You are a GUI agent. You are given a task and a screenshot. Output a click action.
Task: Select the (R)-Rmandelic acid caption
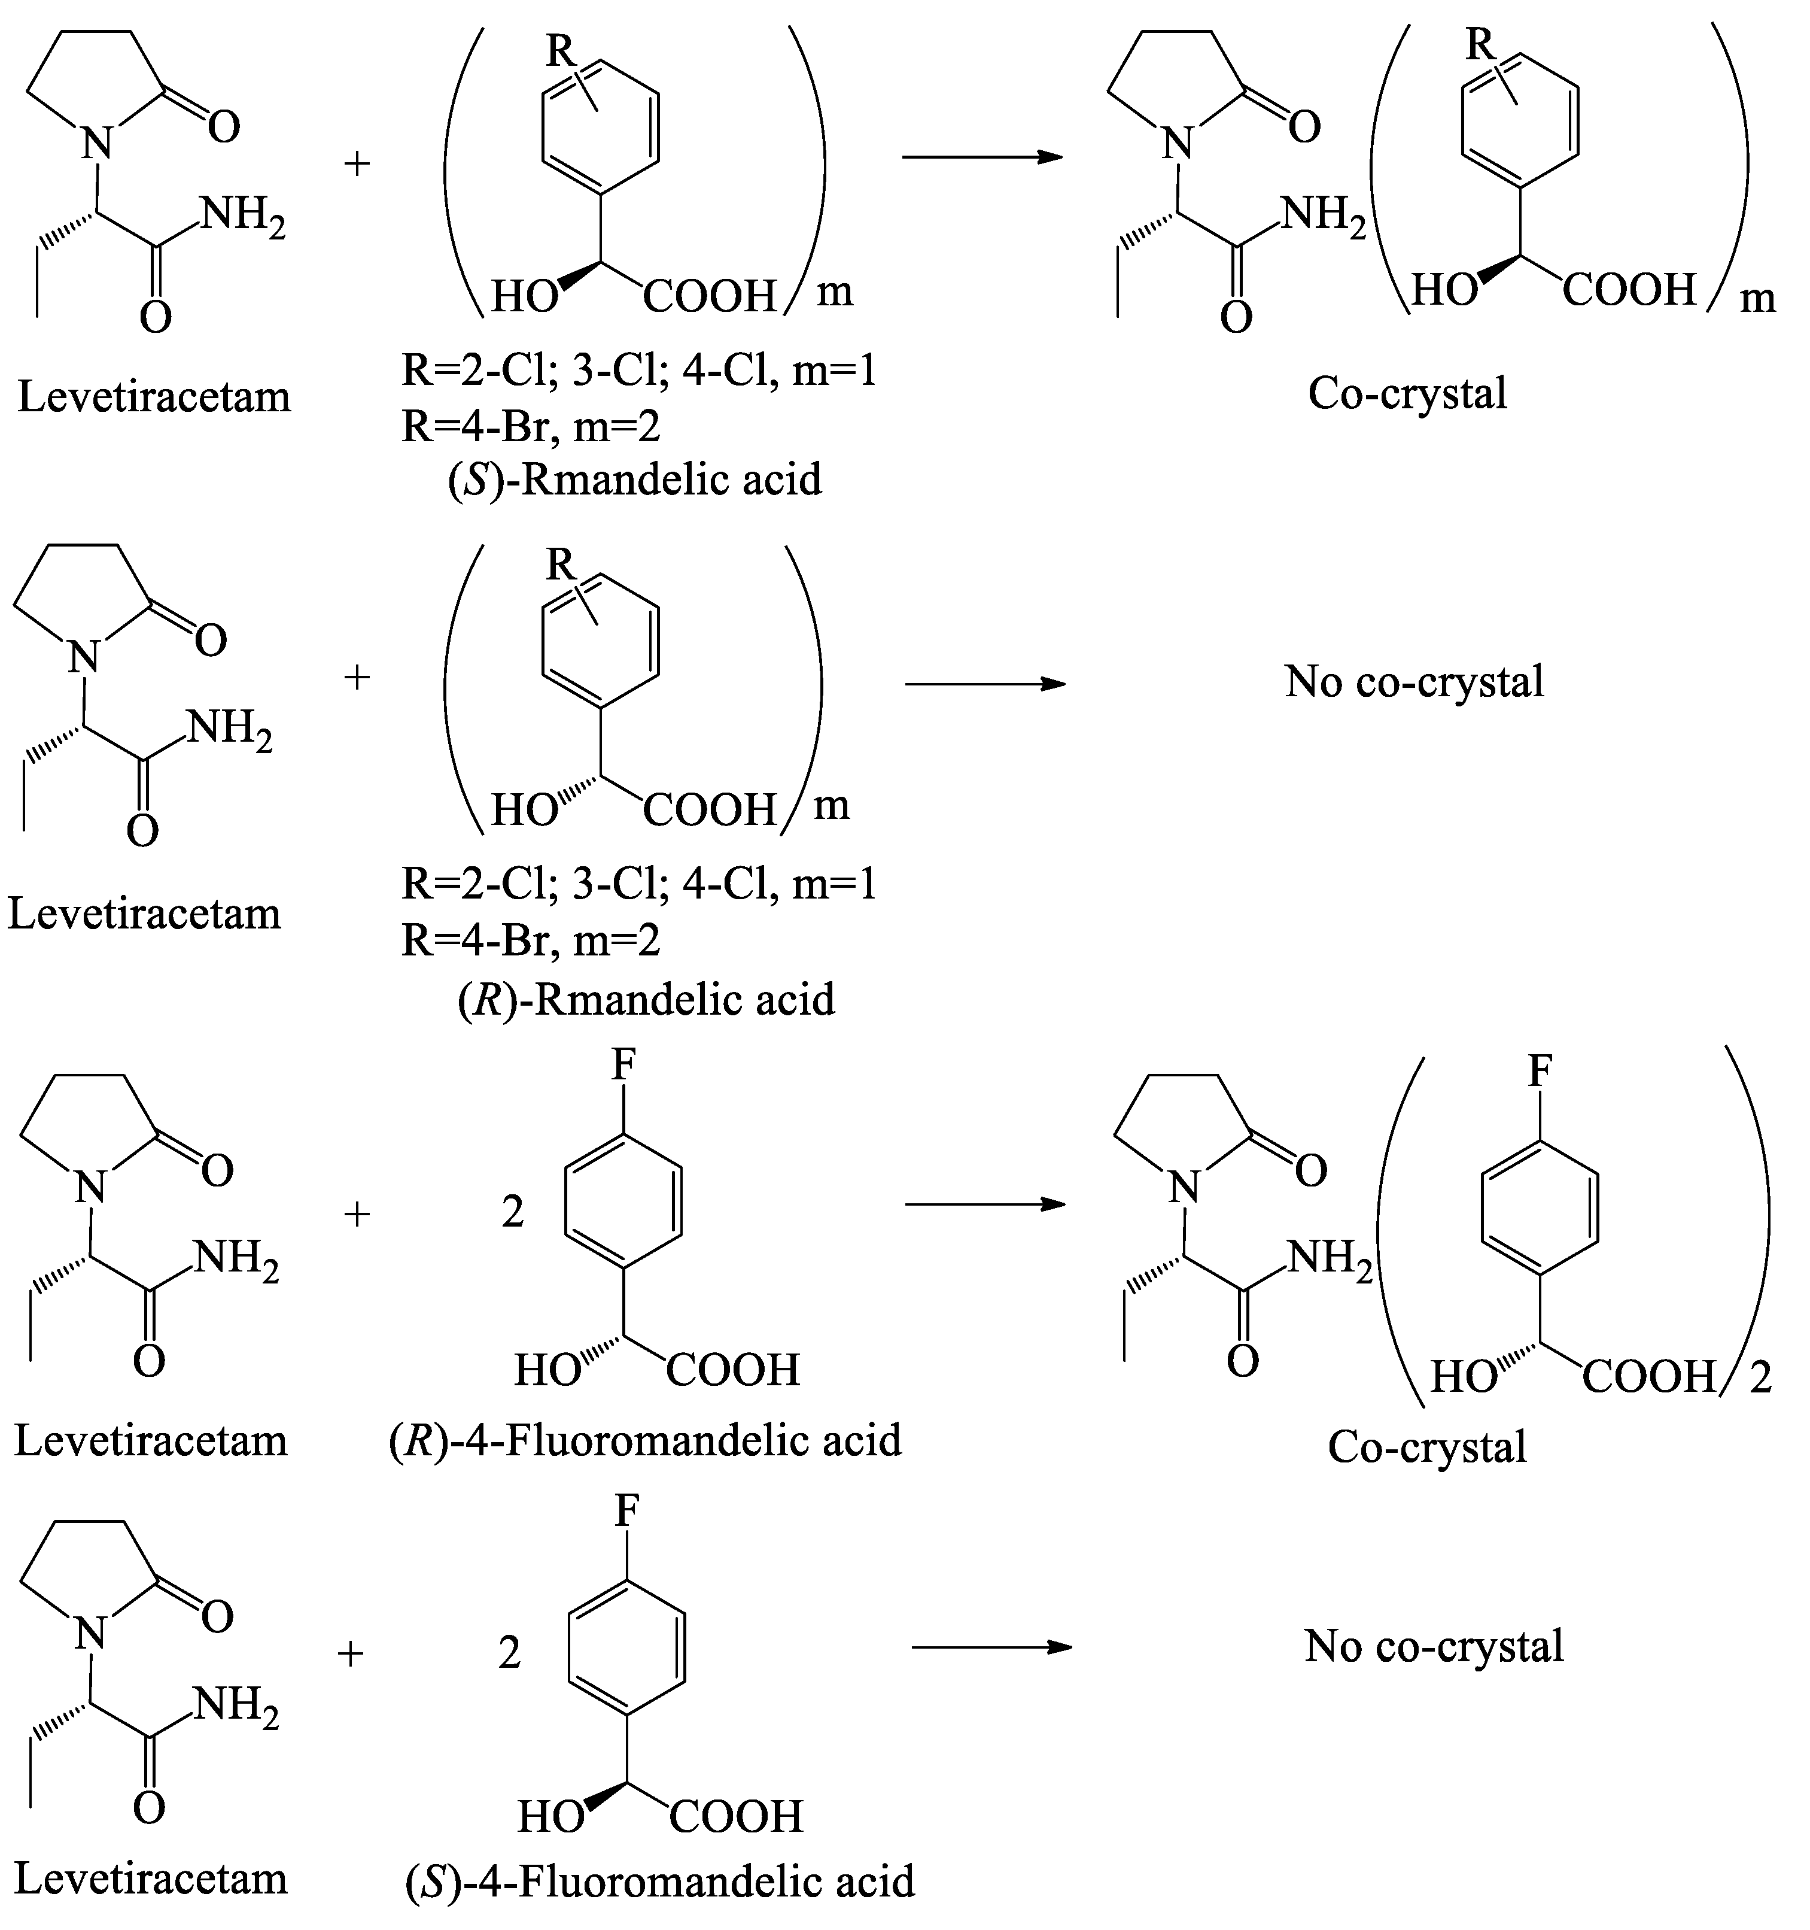click(646, 999)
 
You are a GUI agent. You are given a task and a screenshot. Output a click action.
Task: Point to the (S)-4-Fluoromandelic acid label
click(659, 1880)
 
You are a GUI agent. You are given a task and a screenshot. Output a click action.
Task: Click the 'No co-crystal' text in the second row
click(1414, 681)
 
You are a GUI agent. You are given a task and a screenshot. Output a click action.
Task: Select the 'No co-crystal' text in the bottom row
click(1434, 1646)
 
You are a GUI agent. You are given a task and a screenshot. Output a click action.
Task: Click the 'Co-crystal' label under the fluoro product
click(1426, 1446)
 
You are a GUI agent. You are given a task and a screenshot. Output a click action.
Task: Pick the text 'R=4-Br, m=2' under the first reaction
click(531, 425)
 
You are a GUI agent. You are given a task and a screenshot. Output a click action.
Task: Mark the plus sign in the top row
click(357, 162)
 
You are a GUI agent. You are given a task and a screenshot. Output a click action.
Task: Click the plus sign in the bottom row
click(351, 1652)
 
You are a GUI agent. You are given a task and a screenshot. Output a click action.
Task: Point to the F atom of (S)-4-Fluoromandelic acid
click(628, 1512)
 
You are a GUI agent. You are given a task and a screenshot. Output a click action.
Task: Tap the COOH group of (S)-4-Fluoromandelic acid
click(735, 1816)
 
